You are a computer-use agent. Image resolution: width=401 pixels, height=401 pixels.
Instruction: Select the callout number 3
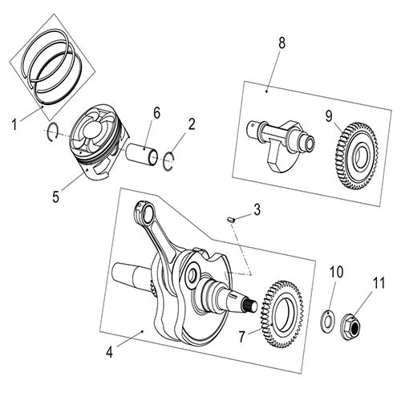point(257,210)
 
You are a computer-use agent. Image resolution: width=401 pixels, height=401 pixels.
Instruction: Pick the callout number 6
point(156,114)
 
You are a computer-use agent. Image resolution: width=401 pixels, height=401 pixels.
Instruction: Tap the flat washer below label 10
point(328,318)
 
